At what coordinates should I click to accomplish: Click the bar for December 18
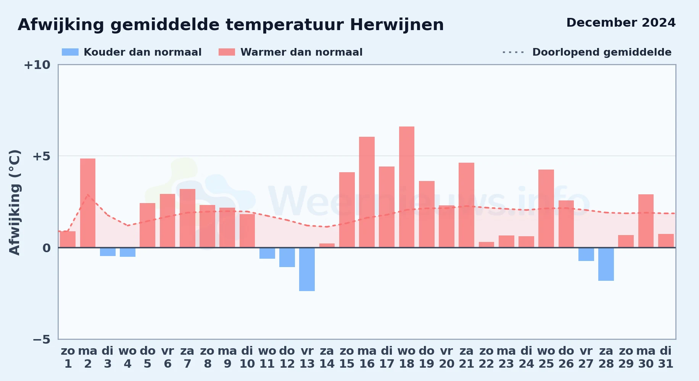coord(407,187)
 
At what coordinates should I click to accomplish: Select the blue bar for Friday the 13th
coord(307,269)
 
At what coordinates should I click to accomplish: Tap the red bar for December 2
coord(88,203)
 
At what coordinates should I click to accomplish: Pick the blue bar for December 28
coord(606,264)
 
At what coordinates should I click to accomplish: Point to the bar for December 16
coord(367,192)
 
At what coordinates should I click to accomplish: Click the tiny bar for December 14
coord(327,245)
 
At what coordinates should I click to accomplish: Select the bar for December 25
coord(546,208)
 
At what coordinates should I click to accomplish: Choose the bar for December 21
coord(466,205)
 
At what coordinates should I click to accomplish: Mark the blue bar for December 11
coord(267,253)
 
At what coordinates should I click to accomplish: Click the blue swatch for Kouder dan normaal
coord(70,52)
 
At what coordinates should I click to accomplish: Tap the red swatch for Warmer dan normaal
coord(227,52)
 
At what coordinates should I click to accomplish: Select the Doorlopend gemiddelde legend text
coord(602,52)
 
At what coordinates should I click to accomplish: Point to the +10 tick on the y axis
coord(37,65)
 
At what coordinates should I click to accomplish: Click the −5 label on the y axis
coord(42,339)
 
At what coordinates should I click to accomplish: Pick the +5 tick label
coord(42,156)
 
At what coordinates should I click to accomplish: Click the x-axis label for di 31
coord(666,357)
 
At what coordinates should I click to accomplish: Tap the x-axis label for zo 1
coord(68,357)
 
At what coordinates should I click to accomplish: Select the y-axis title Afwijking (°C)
coord(14,202)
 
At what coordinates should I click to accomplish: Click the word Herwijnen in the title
coord(397,25)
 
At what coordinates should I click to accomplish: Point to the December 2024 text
coord(621,22)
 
